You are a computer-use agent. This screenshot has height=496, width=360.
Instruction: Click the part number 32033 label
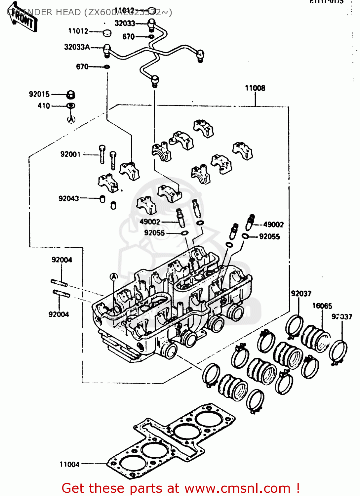click(125, 23)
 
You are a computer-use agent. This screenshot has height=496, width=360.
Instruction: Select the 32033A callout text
click(77, 47)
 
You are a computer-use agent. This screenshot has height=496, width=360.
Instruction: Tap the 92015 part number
click(39, 94)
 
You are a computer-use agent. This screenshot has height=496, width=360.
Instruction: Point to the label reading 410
click(44, 106)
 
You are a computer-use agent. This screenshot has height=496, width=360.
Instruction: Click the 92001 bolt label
click(70, 154)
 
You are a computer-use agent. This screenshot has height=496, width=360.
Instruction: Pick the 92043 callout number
click(68, 198)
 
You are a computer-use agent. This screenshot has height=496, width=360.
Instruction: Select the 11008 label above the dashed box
click(255, 88)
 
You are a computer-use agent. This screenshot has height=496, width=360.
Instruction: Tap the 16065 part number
click(322, 306)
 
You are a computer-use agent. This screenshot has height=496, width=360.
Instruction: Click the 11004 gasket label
click(69, 464)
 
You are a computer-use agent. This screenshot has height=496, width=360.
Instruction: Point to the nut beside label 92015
click(71, 95)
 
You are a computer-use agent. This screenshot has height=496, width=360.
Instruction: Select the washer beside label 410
click(71, 106)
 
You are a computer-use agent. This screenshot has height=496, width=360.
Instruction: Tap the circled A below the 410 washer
click(71, 119)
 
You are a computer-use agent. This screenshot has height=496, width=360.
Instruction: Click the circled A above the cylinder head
click(114, 277)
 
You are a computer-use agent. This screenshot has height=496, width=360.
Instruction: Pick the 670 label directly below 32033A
click(82, 67)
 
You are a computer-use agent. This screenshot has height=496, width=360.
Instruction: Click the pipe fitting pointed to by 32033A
click(107, 50)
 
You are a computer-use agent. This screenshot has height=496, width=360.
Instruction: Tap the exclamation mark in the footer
click(298, 488)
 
